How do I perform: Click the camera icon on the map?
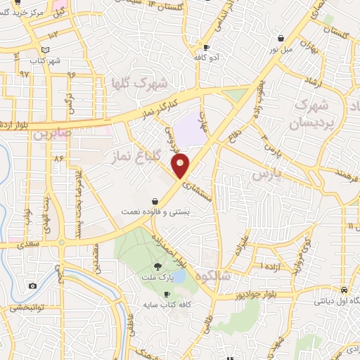32,285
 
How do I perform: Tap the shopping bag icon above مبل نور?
281,38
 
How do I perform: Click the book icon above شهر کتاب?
45,50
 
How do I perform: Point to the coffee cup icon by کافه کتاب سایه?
167,294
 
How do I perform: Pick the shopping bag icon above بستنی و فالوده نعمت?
155,201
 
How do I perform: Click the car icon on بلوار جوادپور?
343,290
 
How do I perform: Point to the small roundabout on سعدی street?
61,242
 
